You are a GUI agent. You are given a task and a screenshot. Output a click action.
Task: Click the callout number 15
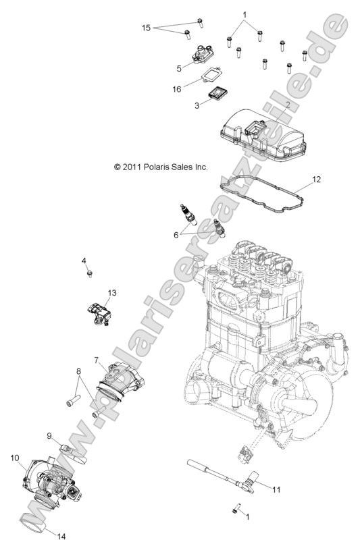(146, 28)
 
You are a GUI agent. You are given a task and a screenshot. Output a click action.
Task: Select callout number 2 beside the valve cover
(287, 105)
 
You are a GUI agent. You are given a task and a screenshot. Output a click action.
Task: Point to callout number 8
(78, 371)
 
